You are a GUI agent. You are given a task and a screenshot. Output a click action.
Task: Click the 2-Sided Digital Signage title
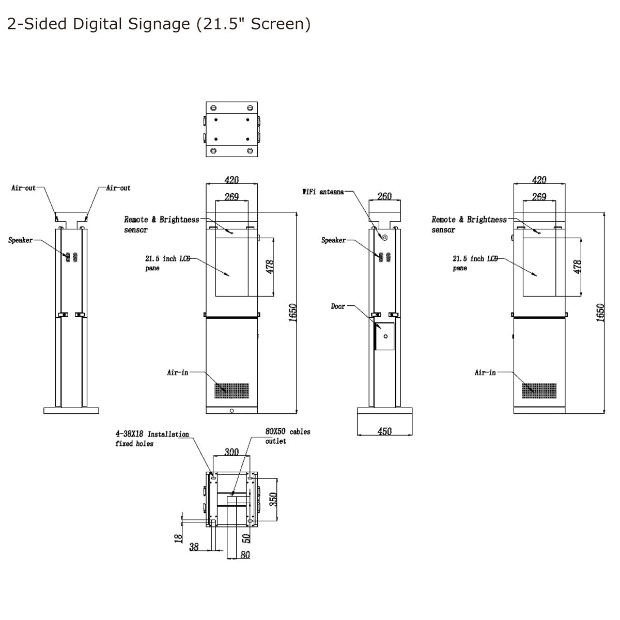click(159, 24)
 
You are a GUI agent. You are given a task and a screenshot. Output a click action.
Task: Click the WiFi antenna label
click(323, 192)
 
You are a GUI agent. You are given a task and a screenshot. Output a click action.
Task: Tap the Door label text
click(338, 306)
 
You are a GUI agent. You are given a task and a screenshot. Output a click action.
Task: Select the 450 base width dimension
click(384, 431)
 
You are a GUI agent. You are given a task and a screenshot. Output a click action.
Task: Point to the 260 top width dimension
click(384, 196)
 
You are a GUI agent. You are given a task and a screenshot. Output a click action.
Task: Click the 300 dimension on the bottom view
click(231, 452)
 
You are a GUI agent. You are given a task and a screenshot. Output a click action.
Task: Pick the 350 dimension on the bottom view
click(274, 499)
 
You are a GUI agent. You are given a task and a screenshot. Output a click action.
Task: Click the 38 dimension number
click(194, 546)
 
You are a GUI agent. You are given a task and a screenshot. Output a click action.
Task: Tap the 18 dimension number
click(179, 538)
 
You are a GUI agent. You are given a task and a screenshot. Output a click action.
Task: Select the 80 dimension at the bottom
click(245, 555)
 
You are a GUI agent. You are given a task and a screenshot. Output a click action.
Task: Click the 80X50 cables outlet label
click(287, 436)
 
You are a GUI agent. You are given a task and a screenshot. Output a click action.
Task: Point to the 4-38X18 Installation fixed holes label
click(152, 439)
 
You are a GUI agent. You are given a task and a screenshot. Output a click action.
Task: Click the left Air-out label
click(24, 188)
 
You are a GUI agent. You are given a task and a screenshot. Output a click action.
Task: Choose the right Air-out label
click(118, 188)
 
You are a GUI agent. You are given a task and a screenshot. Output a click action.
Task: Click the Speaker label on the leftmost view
click(21, 240)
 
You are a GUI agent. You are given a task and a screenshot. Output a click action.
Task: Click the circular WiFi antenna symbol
click(384, 237)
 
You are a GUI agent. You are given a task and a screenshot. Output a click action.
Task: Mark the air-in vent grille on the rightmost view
click(539, 391)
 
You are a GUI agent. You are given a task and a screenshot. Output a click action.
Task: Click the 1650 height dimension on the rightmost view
click(600, 313)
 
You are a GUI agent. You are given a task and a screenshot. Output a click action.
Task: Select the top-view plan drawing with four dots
click(232, 129)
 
